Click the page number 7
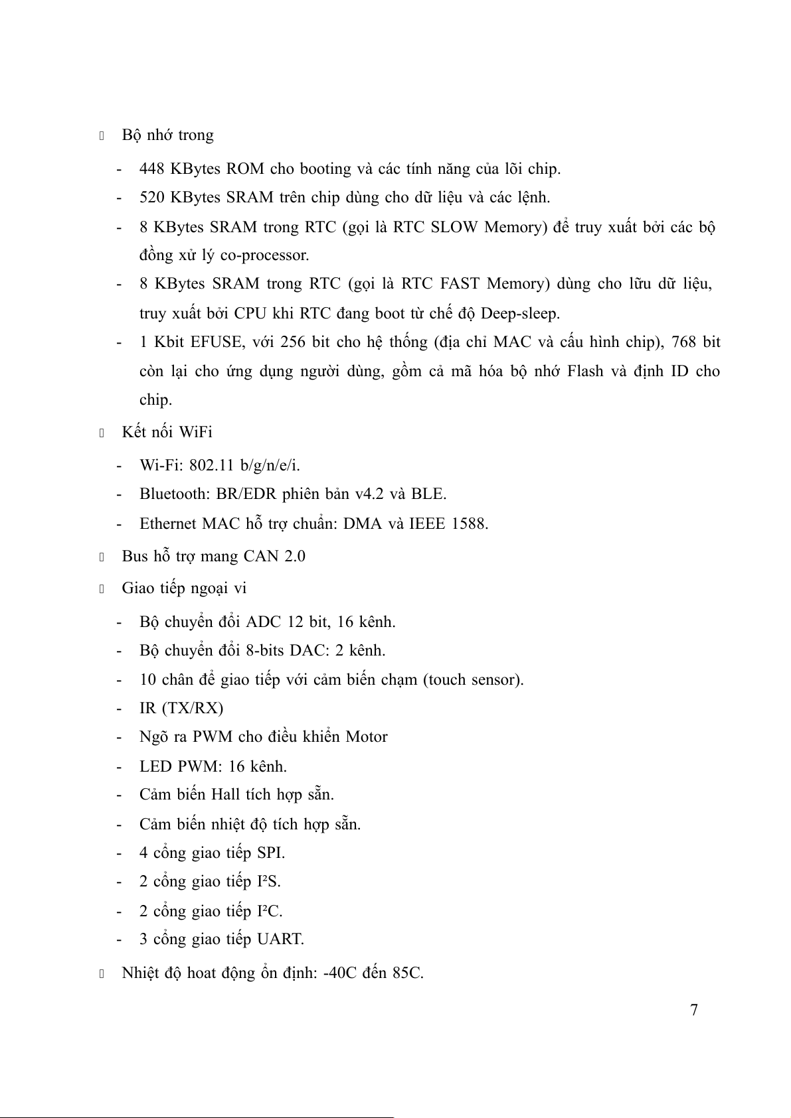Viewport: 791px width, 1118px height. point(694,1011)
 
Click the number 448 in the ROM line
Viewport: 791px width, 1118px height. point(152,169)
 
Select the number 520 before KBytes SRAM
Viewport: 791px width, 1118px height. point(152,198)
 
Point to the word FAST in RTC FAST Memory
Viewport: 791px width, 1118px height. point(460,284)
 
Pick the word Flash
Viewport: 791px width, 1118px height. point(585,372)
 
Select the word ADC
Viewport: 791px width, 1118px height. point(264,622)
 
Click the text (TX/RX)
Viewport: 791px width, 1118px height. point(192,709)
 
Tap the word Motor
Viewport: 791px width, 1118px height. point(367,737)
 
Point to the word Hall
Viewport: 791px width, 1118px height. point(226,795)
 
